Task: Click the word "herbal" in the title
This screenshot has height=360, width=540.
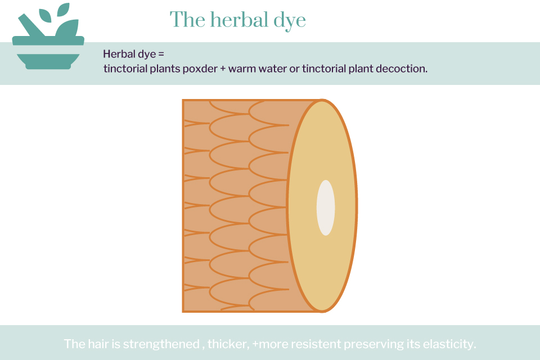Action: pos(240,19)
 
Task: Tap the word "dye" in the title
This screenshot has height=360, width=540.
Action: pos(290,21)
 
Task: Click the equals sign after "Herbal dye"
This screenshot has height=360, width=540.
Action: pos(161,54)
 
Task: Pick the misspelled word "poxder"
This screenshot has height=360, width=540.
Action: pos(200,69)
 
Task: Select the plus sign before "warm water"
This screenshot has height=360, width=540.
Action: pos(223,69)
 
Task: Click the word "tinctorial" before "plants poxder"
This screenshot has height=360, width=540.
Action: pos(125,69)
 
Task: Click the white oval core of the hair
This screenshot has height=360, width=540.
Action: pos(326,208)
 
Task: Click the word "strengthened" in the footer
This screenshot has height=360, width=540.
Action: pos(161,344)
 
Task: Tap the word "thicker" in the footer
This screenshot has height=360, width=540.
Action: pos(228,344)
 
